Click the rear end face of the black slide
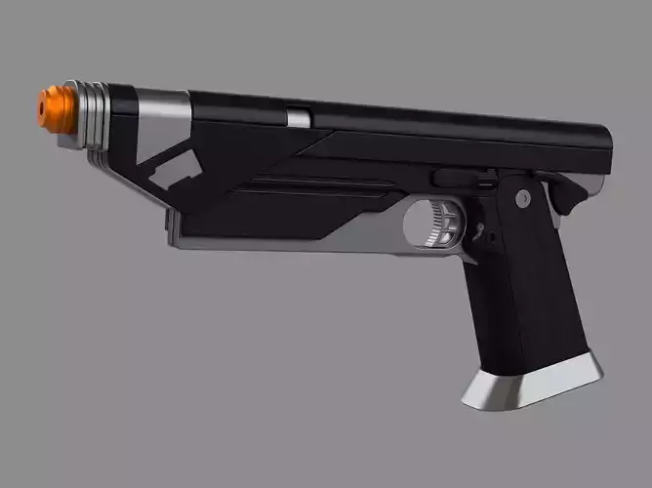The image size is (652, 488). coord(603,146)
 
